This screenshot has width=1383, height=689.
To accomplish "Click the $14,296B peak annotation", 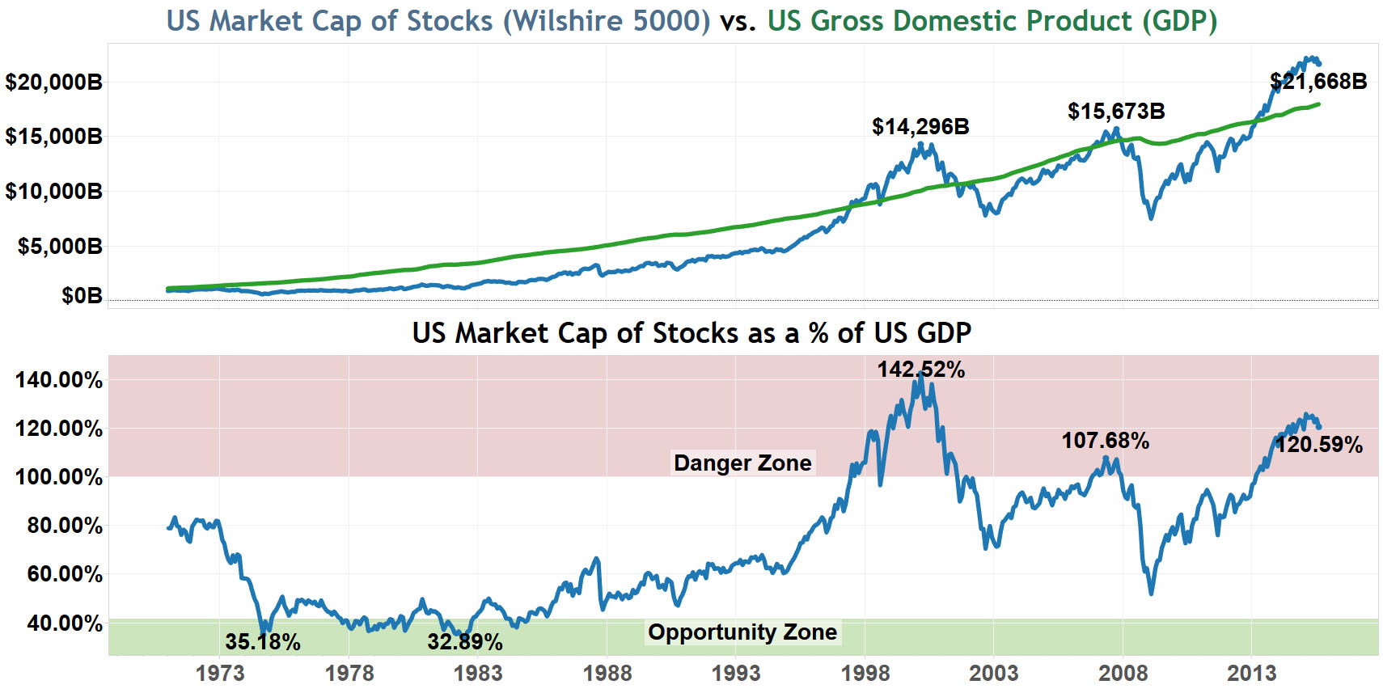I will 920,127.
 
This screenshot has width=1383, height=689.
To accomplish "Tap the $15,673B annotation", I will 1116,112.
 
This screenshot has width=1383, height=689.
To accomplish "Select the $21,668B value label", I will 1318,82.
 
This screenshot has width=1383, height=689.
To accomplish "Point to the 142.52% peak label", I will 921,370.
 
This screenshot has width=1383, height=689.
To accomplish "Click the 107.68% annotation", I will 1105,442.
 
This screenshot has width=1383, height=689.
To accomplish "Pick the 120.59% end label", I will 1319,445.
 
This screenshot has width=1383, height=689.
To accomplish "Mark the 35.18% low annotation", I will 263,642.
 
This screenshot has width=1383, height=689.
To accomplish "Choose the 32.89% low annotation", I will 465,642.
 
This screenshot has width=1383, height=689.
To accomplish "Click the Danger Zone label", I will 742,463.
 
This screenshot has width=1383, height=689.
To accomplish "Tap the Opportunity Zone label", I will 742,632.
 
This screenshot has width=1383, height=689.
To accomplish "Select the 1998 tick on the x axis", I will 865,673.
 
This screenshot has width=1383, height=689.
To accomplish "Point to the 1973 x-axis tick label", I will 219,673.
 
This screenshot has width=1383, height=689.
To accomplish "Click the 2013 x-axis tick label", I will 1251,673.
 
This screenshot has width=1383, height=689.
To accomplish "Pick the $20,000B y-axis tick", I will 53,82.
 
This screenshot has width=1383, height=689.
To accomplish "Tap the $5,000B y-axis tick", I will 60,247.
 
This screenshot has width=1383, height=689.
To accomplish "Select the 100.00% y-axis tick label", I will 59,477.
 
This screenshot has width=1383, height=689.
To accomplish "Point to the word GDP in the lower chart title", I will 944,333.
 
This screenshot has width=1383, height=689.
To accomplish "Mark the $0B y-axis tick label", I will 82,297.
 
